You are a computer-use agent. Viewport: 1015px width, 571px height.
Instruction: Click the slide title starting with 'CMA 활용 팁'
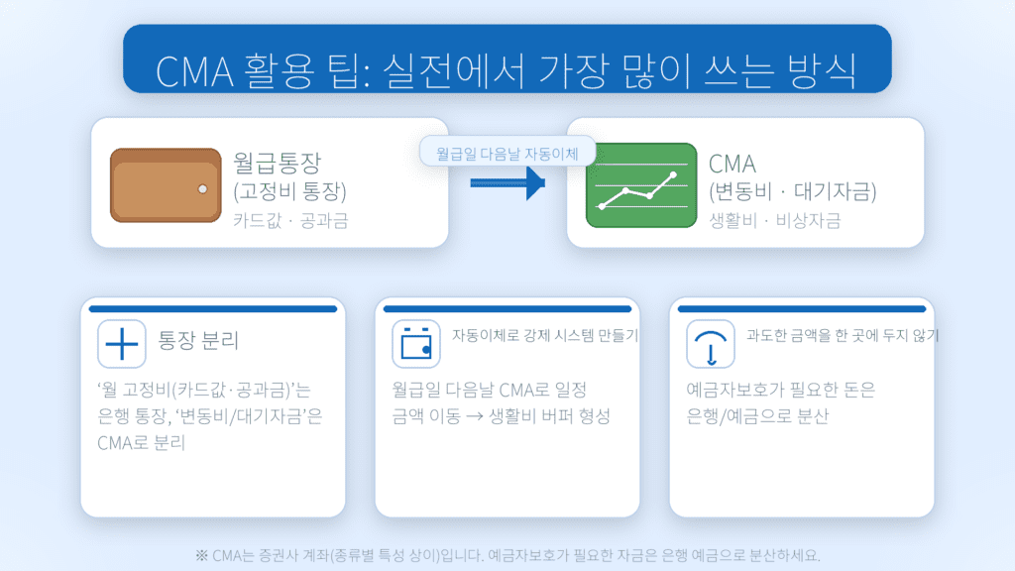507,69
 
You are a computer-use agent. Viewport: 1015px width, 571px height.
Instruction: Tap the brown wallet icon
166,183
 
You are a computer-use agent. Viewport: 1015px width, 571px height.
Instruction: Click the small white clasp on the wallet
202,188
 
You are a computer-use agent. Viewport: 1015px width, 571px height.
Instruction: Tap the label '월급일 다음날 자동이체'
507,153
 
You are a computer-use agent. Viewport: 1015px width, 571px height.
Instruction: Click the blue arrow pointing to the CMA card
507,182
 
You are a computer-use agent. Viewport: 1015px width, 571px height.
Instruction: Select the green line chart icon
638,185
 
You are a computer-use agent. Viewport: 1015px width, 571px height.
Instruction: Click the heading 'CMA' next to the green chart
733,163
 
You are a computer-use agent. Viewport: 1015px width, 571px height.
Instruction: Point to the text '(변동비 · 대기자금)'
793,191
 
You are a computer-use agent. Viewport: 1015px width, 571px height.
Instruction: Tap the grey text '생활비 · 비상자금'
775,220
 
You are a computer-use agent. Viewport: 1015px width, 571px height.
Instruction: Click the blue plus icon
122,343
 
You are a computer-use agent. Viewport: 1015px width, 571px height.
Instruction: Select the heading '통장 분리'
198,343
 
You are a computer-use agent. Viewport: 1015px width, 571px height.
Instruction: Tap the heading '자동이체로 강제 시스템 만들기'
544,336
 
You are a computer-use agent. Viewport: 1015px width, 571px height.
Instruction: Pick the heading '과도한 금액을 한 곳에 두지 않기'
842,336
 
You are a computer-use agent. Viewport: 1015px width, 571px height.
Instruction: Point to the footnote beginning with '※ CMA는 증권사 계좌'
507,554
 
